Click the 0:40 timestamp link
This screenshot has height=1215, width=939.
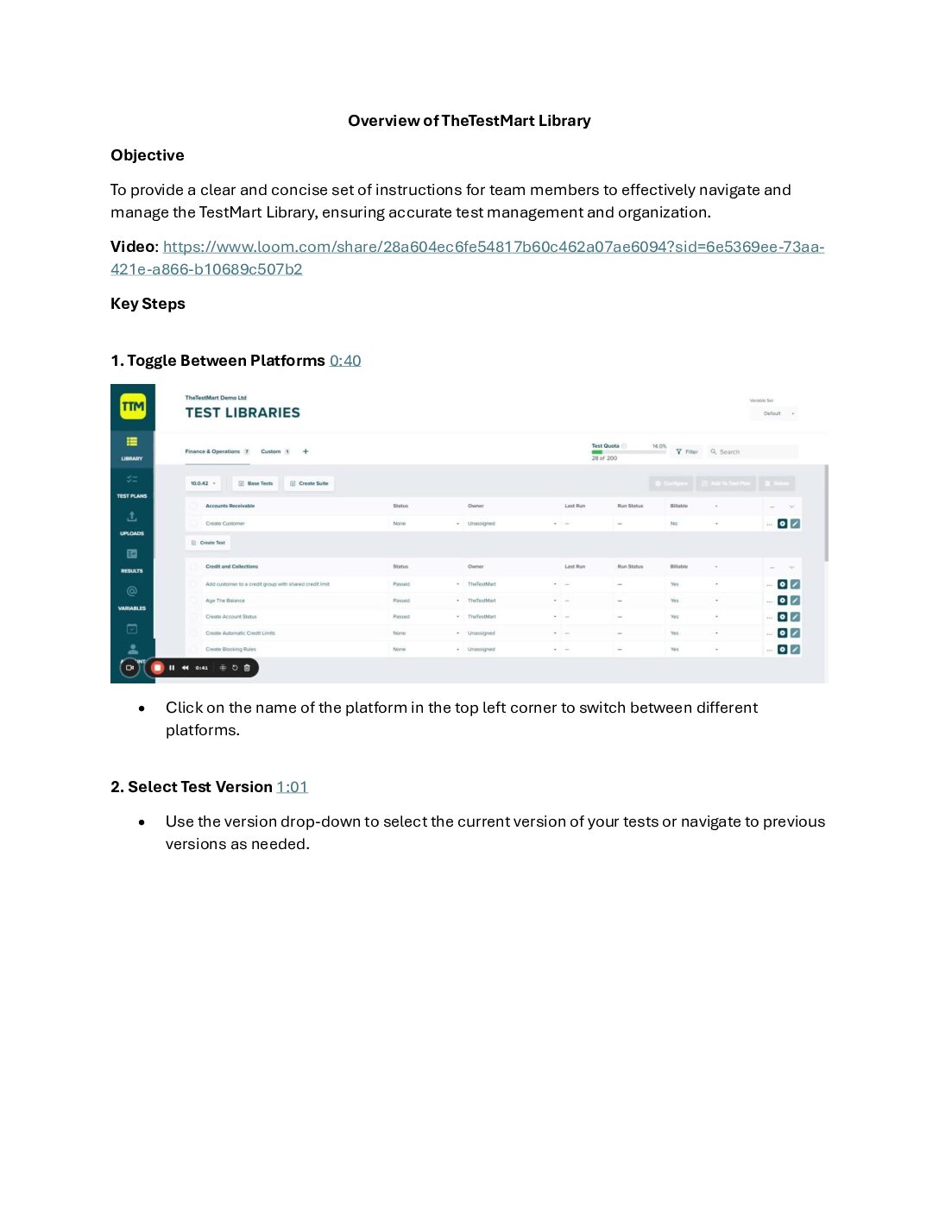click(x=345, y=361)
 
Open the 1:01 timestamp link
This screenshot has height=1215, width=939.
click(x=292, y=787)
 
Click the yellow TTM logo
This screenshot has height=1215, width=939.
click(x=133, y=406)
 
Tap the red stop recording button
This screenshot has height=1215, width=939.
click(x=157, y=667)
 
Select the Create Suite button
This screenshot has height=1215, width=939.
click(x=309, y=483)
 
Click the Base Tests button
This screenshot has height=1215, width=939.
click(x=255, y=483)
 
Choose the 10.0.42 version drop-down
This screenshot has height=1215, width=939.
click(x=203, y=483)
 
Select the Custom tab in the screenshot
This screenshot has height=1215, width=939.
click(x=271, y=451)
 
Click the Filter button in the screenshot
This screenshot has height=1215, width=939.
click(x=687, y=451)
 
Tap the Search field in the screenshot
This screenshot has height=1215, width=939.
click(x=751, y=451)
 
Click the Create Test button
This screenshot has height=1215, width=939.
click(x=208, y=543)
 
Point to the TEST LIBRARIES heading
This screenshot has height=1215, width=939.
click(x=243, y=412)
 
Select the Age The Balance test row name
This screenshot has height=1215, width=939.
click(x=225, y=601)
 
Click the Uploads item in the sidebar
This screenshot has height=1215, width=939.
click(x=132, y=522)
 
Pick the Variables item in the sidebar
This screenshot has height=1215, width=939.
click(x=132, y=597)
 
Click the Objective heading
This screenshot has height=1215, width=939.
click(x=148, y=155)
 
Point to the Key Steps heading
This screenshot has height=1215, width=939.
click(x=148, y=304)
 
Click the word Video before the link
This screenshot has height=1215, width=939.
click(x=132, y=247)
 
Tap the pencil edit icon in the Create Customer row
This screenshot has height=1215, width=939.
click(x=795, y=524)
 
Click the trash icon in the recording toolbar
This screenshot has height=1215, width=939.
click(x=247, y=667)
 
